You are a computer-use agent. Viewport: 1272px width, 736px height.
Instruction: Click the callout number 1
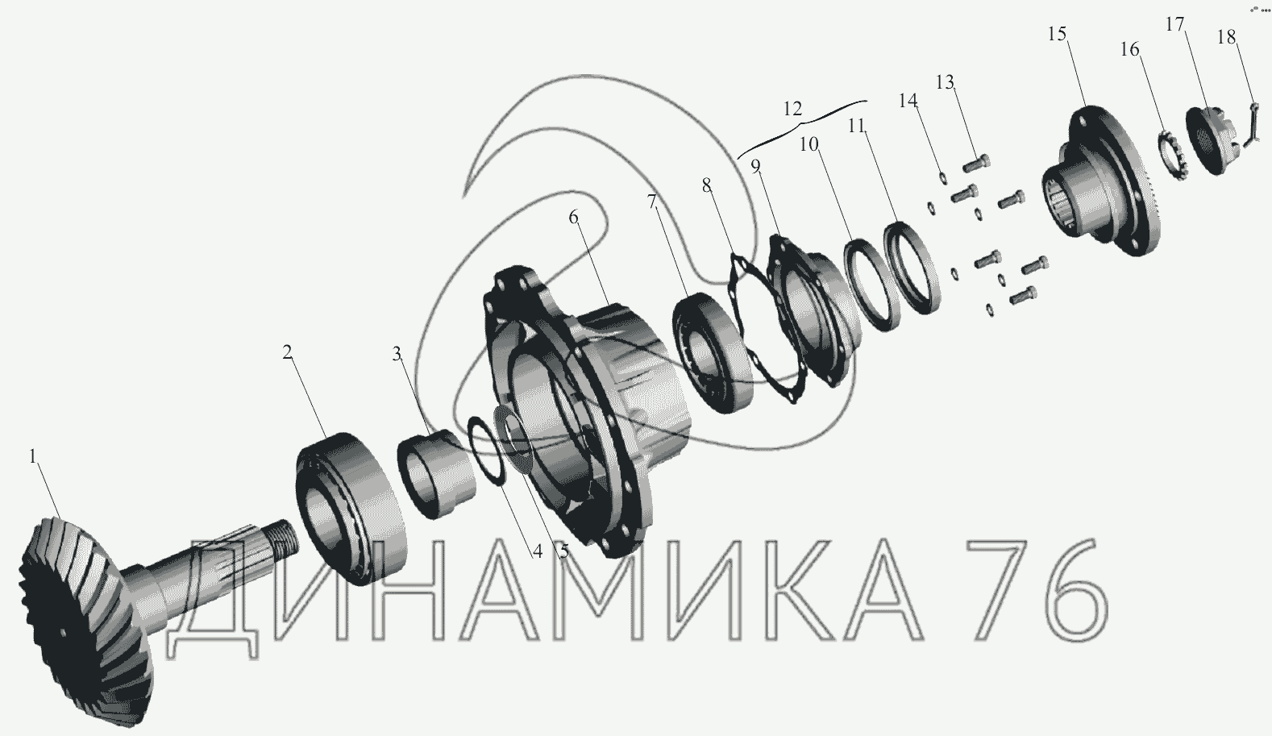coord(33,456)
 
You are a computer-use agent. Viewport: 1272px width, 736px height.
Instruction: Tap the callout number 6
coord(573,217)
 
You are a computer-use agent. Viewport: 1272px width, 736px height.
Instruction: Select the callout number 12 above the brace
coord(792,109)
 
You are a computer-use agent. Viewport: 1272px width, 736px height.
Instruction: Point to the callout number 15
coord(1057,34)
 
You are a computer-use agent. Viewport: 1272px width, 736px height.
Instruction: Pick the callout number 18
coord(1226,37)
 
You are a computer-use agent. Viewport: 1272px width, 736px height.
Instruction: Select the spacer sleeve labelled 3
coord(436,474)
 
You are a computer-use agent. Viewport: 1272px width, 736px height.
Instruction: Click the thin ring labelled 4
coord(486,451)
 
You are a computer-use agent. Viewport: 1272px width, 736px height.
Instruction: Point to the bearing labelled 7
coord(712,352)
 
